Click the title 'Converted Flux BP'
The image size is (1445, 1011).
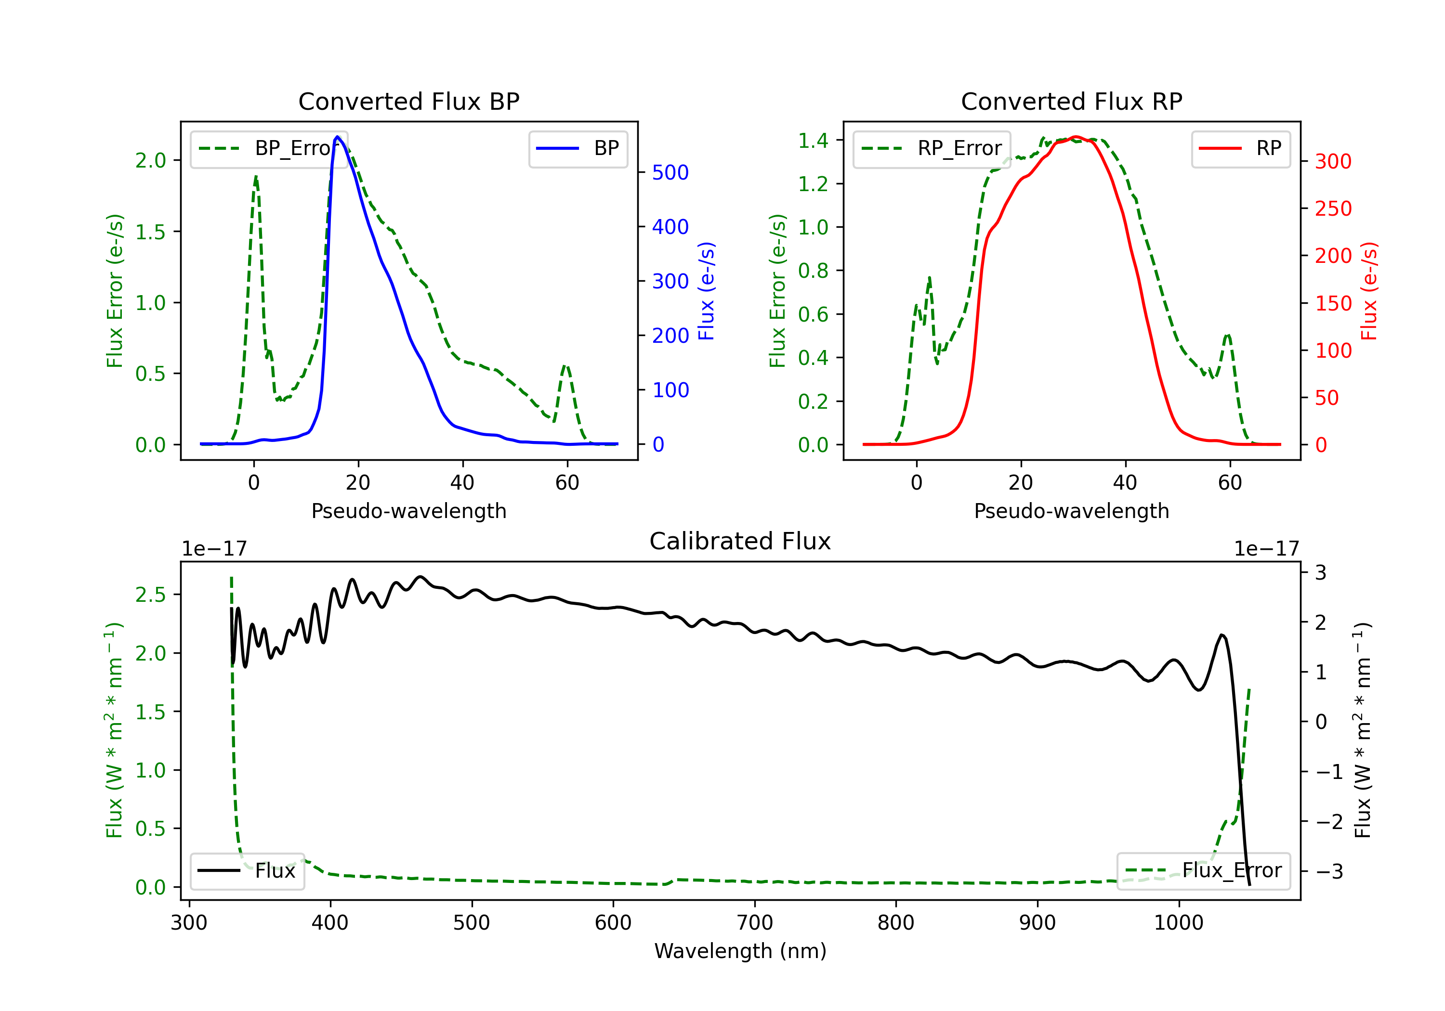click(408, 101)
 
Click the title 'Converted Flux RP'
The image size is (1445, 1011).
click(1071, 101)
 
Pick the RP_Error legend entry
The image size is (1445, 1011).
click(932, 148)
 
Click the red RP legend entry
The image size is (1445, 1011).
click(1240, 148)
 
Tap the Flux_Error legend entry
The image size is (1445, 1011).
click(1203, 871)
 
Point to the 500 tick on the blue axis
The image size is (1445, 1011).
click(670, 172)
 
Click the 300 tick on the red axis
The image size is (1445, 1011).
click(1333, 162)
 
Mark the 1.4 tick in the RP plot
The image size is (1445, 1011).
click(813, 140)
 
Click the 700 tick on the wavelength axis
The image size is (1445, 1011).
click(755, 923)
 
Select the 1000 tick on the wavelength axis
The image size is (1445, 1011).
click(1178, 923)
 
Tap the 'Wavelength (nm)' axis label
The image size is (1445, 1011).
click(740, 951)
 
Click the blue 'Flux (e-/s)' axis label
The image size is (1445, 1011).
click(707, 291)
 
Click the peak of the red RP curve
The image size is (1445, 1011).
click(1076, 137)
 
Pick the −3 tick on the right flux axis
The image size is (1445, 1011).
click(1330, 871)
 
